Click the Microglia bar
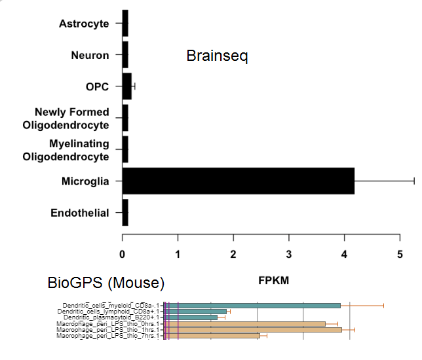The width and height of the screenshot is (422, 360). click(x=238, y=181)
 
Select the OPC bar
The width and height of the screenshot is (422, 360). click(x=127, y=86)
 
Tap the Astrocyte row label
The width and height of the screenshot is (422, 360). click(x=84, y=24)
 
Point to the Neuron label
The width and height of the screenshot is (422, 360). click(x=90, y=55)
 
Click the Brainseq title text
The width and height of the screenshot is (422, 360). click(x=217, y=56)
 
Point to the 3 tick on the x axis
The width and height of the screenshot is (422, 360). click(x=289, y=253)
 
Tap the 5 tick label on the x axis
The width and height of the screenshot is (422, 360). click(x=400, y=253)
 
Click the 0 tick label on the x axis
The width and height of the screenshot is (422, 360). click(x=123, y=253)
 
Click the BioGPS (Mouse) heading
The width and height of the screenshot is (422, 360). click(x=105, y=283)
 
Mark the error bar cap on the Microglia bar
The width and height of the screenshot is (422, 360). click(x=414, y=181)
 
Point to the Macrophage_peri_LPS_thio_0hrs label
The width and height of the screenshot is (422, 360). click(x=107, y=323)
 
